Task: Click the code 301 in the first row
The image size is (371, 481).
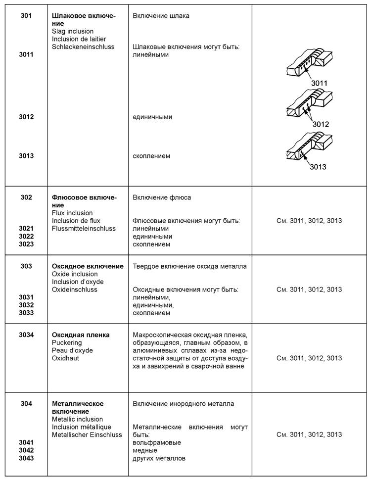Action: click(x=26, y=16)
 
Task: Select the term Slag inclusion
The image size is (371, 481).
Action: click(x=73, y=31)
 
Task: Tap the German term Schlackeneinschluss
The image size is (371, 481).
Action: click(x=83, y=47)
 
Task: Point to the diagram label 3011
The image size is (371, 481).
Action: click(x=319, y=83)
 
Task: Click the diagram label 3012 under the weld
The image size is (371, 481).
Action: click(x=321, y=124)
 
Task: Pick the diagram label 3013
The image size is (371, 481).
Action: click(x=318, y=167)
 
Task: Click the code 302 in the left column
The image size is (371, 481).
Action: click(x=26, y=197)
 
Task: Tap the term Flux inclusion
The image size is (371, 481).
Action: click(x=72, y=213)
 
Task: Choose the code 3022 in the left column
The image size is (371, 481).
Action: click(x=26, y=236)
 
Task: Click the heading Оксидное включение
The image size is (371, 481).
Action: click(x=88, y=266)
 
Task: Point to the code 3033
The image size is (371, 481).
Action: click(x=26, y=313)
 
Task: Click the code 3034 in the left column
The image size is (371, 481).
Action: click(x=26, y=335)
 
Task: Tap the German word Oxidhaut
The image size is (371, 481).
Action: click(x=65, y=358)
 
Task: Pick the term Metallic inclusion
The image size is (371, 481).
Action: click(x=77, y=419)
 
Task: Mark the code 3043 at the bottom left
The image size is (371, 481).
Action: click(x=26, y=458)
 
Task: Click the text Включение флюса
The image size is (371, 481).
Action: click(x=162, y=197)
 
